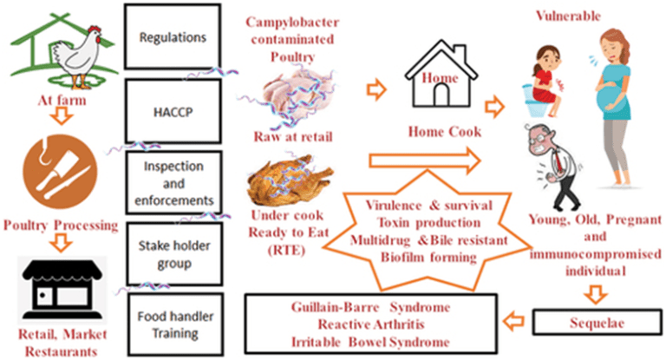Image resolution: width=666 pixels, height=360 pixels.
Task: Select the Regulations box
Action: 172,39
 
